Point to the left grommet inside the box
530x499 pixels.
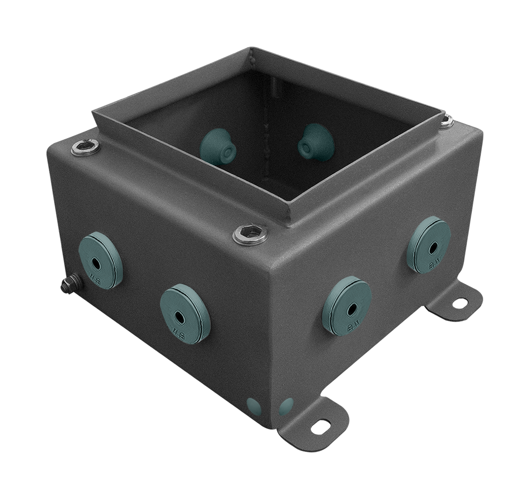point(218,144)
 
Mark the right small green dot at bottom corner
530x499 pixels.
point(286,406)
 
